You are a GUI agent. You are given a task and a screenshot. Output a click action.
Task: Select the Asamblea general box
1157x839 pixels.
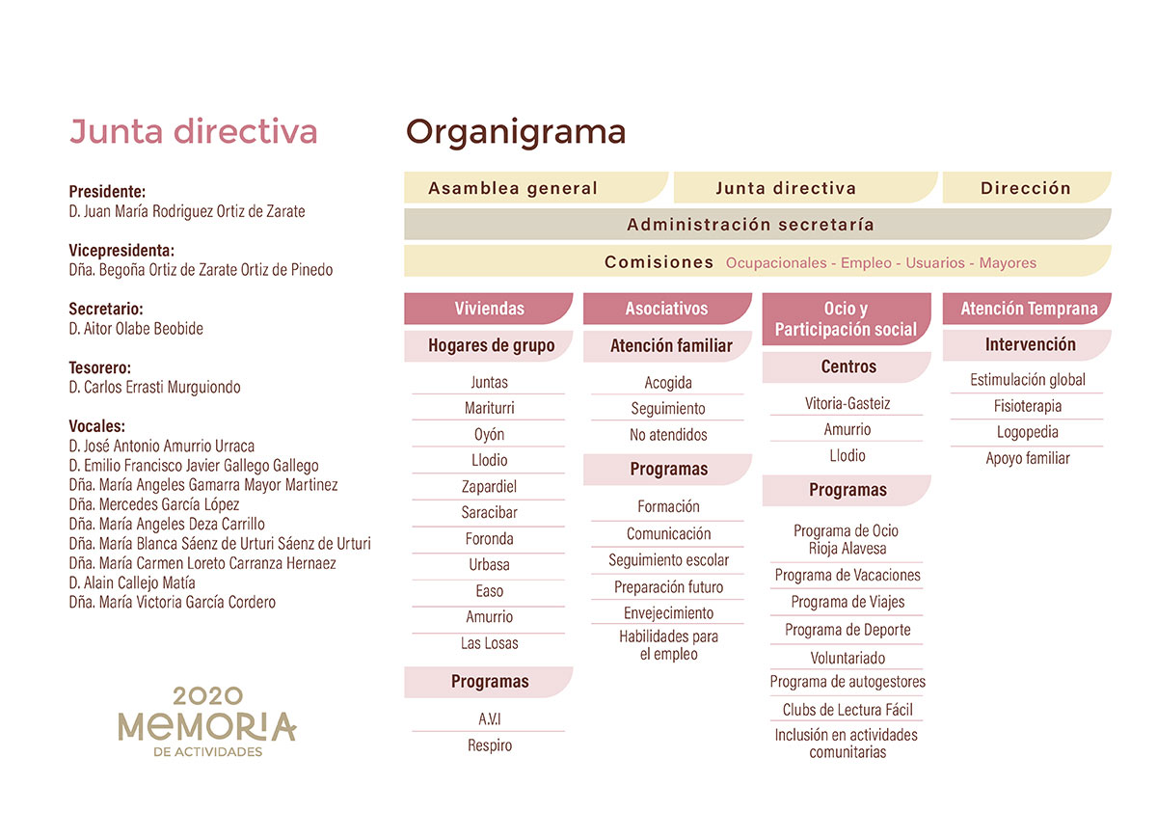tap(536, 187)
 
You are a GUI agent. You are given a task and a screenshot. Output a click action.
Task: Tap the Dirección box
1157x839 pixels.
tap(1027, 187)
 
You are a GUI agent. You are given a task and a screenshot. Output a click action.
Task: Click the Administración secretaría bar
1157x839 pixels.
tap(758, 224)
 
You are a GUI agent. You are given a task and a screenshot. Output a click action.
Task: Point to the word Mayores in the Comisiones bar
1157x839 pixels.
tap(1008, 263)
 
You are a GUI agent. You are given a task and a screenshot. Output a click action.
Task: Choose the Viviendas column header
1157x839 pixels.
tap(489, 309)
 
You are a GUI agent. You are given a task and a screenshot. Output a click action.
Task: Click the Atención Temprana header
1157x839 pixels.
tap(1027, 309)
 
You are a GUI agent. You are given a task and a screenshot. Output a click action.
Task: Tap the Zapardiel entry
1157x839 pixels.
tap(489, 486)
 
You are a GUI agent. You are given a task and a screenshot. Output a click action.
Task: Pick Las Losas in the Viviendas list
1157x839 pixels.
tap(489, 643)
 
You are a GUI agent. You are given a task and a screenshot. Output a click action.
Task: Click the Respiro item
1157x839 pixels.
tap(489, 745)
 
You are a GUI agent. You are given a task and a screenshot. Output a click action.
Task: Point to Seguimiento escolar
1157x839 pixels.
tap(668, 560)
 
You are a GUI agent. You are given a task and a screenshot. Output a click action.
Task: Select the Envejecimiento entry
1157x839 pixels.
tap(668, 613)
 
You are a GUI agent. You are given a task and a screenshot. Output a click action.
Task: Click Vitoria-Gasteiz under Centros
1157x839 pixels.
tap(848, 403)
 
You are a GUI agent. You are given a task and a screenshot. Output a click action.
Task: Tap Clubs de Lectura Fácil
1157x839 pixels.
tap(848, 710)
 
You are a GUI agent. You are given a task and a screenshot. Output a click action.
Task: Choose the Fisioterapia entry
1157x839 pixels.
tap(1028, 406)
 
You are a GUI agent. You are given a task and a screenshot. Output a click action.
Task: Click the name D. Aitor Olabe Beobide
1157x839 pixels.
tap(136, 329)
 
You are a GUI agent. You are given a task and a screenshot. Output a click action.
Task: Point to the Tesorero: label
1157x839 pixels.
tap(99, 367)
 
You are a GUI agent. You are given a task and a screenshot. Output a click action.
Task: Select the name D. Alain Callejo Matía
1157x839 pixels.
tap(132, 582)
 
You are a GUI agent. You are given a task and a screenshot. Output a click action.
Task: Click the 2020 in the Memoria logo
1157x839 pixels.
tap(207, 696)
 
